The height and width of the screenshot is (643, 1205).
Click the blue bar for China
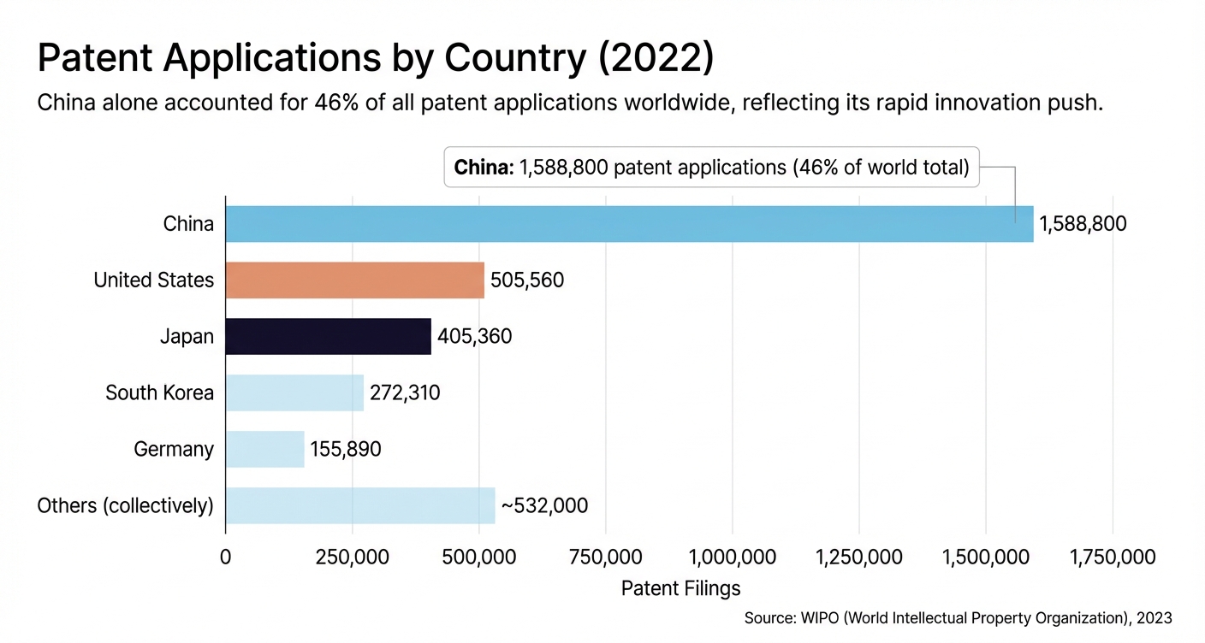coord(629,224)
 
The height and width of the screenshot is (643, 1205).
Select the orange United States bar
coord(354,280)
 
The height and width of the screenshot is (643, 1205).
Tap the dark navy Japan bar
coord(328,337)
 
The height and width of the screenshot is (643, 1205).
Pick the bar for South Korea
coord(294,392)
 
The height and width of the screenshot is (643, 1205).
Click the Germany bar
coord(264,449)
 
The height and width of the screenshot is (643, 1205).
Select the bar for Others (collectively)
coord(360,505)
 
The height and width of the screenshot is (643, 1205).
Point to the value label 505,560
coord(527,280)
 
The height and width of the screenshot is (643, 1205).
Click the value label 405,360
coord(474,337)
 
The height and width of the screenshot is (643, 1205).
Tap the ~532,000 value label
coord(544,506)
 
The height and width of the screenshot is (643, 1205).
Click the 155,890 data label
coord(346,450)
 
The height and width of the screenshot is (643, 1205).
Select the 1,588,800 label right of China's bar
coord(1083,225)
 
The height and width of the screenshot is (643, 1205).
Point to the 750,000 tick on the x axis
coord(605,557)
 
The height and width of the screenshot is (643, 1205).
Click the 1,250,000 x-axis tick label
coord(859,557)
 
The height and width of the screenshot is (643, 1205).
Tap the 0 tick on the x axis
coord(226,557)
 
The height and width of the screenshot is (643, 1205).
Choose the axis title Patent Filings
coord(680,588)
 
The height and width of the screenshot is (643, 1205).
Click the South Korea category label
coord(159,393)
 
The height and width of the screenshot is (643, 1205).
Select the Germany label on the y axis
coord(174,450)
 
